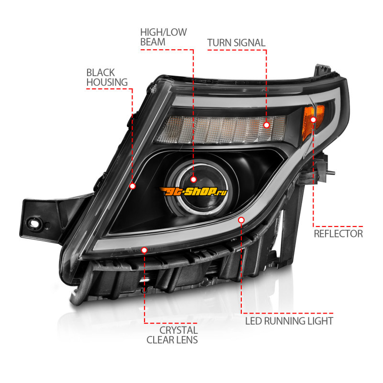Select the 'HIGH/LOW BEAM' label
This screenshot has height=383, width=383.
tap(163, 37)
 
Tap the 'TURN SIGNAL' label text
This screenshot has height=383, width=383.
tap(236, 43)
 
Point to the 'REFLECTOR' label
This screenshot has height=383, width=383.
tap(338, 234)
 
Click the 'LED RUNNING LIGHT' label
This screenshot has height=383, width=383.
tap(289, 320)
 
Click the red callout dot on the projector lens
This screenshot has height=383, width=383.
tap(193, 179)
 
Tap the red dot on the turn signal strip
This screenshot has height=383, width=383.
tap(267, 125)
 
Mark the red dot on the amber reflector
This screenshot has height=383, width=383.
tap(314, 120)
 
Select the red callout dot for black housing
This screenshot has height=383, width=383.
tap(133, 186)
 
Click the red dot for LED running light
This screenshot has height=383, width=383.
tap(241, 220)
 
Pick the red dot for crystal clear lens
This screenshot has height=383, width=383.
tap(145, 250)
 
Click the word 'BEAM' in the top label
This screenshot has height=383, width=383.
tap(153, 42)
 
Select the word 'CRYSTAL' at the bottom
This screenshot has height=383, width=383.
tap(179, 330)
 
